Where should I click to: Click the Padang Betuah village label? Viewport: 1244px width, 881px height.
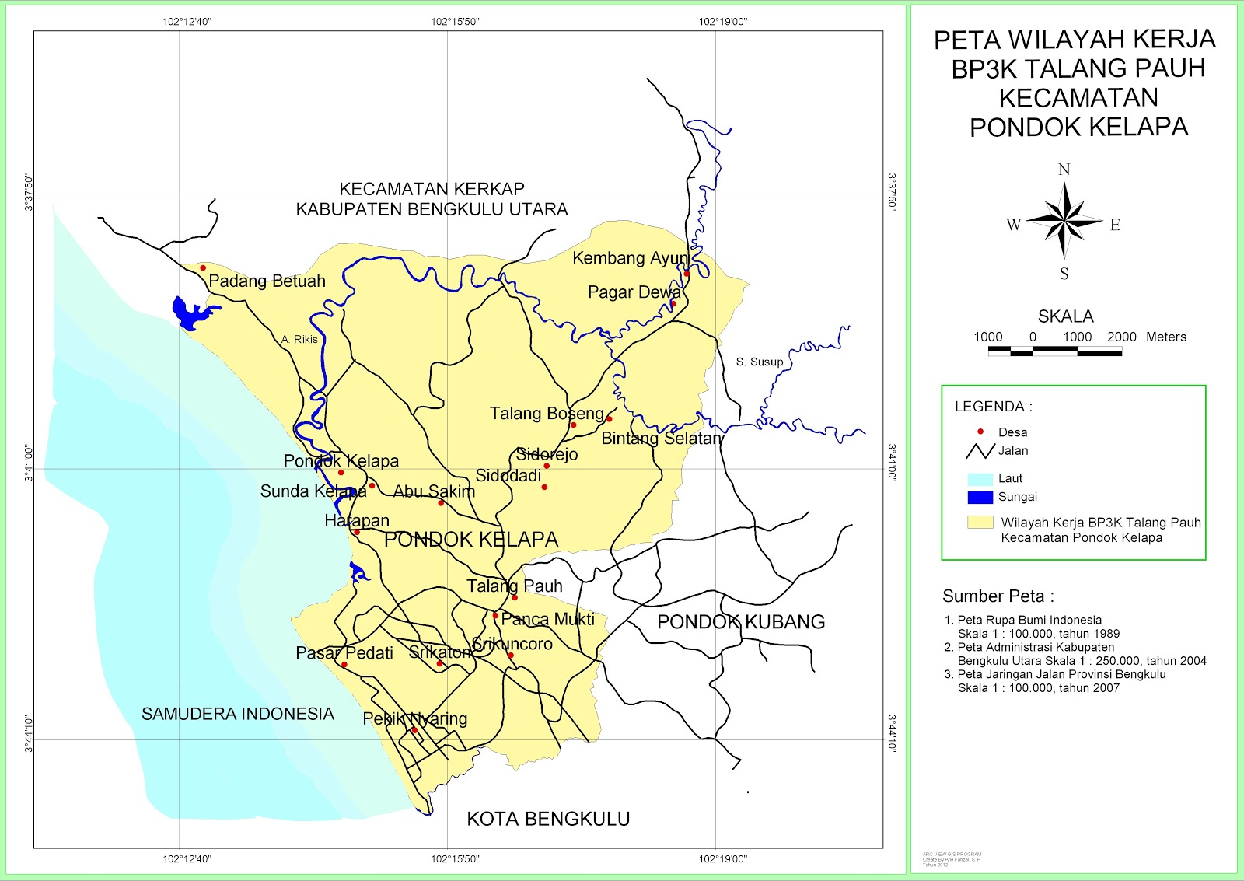point(267,281)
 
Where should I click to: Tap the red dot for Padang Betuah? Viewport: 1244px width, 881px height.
point(203,268)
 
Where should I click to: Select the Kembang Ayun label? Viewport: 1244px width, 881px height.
point(631,258)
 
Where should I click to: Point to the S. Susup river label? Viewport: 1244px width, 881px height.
point(760,362)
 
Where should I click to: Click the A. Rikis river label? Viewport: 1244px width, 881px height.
point(299,340)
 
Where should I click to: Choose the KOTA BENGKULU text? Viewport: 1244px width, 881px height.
point(548,819)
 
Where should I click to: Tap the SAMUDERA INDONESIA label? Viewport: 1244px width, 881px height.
point(237,714)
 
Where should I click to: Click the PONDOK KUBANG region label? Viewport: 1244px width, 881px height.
point(740,622)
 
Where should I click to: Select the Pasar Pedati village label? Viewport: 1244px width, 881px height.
point(344,653)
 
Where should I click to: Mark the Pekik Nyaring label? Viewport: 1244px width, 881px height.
point(415,718)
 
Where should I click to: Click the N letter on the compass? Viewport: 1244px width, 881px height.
point(1064,170)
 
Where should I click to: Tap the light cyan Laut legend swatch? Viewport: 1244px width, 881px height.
point(980,479)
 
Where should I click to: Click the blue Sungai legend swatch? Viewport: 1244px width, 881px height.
point(980,498)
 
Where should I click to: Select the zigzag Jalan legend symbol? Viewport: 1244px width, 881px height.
point(980,451)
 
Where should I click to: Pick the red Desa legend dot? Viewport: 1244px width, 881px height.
point(980,432)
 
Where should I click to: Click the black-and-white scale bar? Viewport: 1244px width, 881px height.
point(1054,351)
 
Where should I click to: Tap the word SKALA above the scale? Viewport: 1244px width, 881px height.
point(1065,316)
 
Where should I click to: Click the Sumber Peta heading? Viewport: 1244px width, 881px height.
point(998,596)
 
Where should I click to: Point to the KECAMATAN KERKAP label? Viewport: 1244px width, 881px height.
point(432,189)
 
